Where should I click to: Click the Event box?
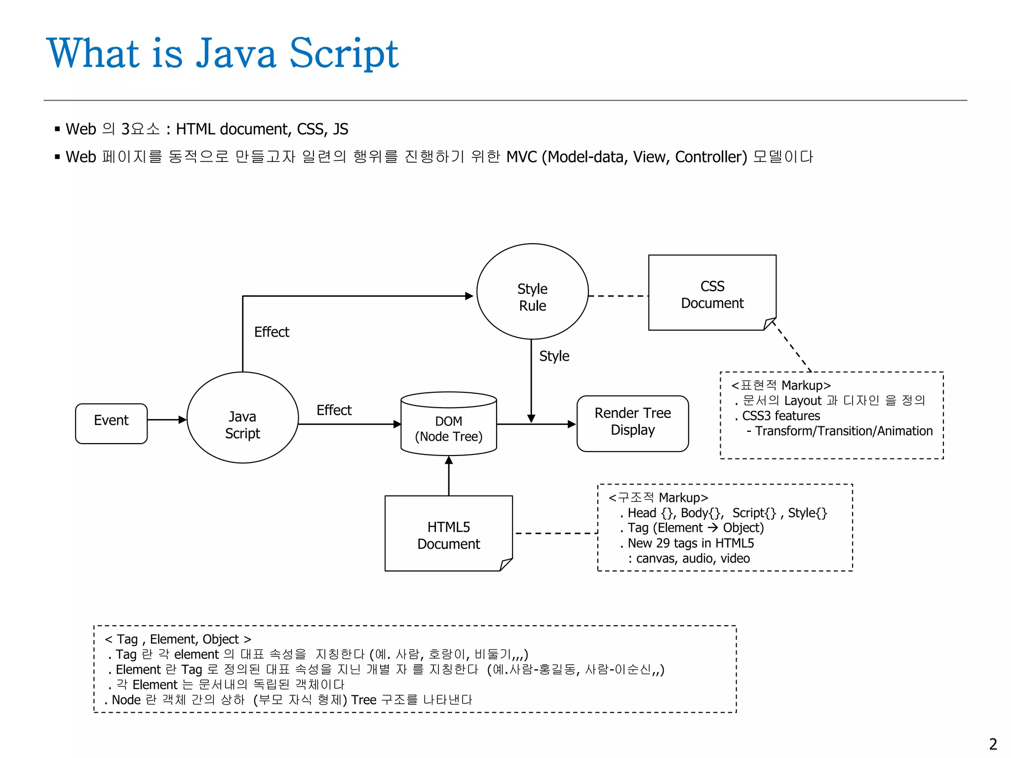tap(111, 423)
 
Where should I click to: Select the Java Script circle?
tap(242, 417)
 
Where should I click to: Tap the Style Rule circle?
tap(532, 292)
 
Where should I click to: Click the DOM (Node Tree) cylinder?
tap(448, 424)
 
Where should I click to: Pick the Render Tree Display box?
tap(632, 423)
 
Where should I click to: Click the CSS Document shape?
tap(712, 293)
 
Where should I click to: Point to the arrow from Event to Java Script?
tap(166, 419)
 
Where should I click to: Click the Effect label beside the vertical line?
tap(272, 332)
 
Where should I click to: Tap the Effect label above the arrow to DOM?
tap(334, 410)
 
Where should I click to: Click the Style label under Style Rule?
tap(554, 356)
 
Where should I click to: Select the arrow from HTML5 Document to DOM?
tap(449, 476)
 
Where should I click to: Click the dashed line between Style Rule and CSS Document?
tap(618, 296)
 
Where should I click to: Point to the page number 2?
tap(993, 744)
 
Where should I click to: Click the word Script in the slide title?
tap(344, 53)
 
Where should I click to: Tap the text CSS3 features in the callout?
tap(780, 416)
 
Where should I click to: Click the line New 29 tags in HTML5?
tap(690, 543)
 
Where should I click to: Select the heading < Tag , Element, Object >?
tap(178, 639)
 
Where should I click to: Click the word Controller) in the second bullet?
tap(711, 157)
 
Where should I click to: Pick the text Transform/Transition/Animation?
tap(843, 431)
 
